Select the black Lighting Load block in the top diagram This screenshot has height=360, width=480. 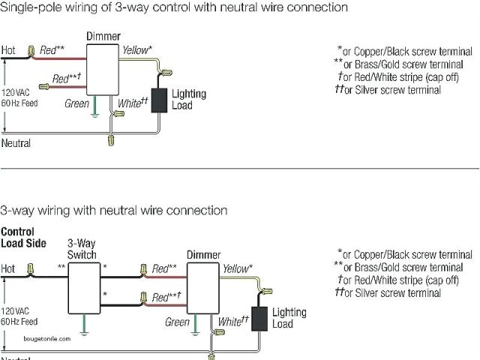click(159, 100)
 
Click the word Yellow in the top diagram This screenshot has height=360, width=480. click(136, 50)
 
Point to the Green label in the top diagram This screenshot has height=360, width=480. click(76, 104)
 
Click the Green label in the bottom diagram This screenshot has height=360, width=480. click(177, 322)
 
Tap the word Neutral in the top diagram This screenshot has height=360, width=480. click(16, 142)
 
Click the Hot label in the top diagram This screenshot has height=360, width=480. click(8, 51)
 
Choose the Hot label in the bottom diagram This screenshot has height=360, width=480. click(8, 268)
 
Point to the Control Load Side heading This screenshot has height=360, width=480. click(23, 237)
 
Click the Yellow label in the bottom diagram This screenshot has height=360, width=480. click(237, 268)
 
